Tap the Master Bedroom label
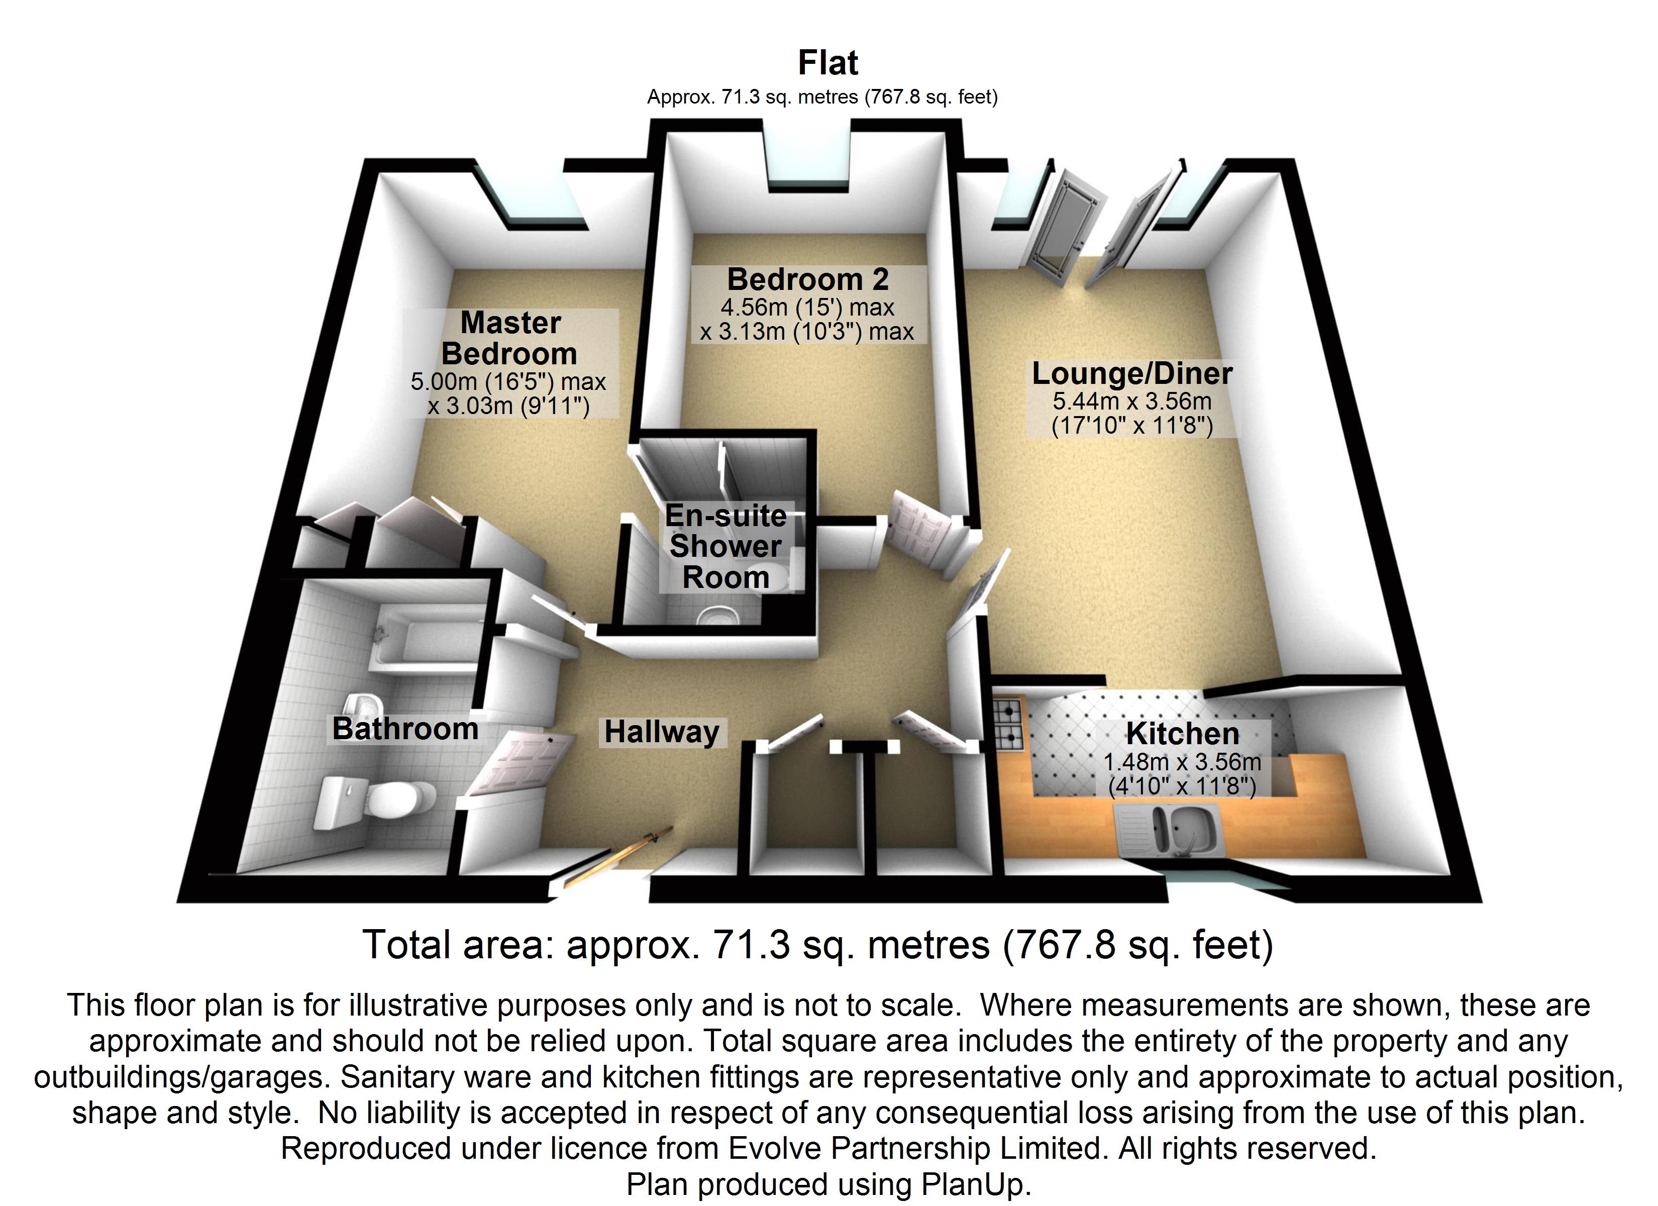point(510,338)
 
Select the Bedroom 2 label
point(808,279)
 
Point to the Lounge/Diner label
point(1131,374)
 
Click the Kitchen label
point(1182,734)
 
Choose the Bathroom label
point(405,729)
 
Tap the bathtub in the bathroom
point(424,644)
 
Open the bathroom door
point(519,764)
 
